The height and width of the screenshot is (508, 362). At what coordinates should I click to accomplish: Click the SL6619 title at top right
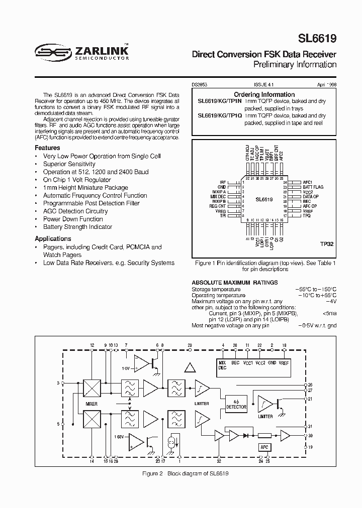coord(318,39)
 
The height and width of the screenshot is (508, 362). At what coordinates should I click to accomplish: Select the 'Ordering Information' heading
coord(264,94)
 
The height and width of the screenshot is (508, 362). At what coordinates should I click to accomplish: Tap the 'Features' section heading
coord(47,148)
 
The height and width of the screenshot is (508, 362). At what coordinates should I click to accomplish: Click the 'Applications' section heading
coord(53,239)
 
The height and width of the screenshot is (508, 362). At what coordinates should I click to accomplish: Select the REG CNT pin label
coord(217,206)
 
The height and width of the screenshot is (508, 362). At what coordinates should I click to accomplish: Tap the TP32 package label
coord(327,243)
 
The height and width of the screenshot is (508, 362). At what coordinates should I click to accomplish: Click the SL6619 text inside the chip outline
coord(264,199)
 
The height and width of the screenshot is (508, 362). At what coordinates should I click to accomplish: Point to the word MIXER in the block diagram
coord(91,403)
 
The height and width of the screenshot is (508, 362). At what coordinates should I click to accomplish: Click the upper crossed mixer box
coord(92,388)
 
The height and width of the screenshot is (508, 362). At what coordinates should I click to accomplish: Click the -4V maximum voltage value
coord(331,301)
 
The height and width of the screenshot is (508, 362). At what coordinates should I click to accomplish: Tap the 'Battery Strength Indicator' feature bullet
coord(77,227)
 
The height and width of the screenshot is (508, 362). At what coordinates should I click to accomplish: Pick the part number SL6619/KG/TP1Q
coord(220,115)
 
